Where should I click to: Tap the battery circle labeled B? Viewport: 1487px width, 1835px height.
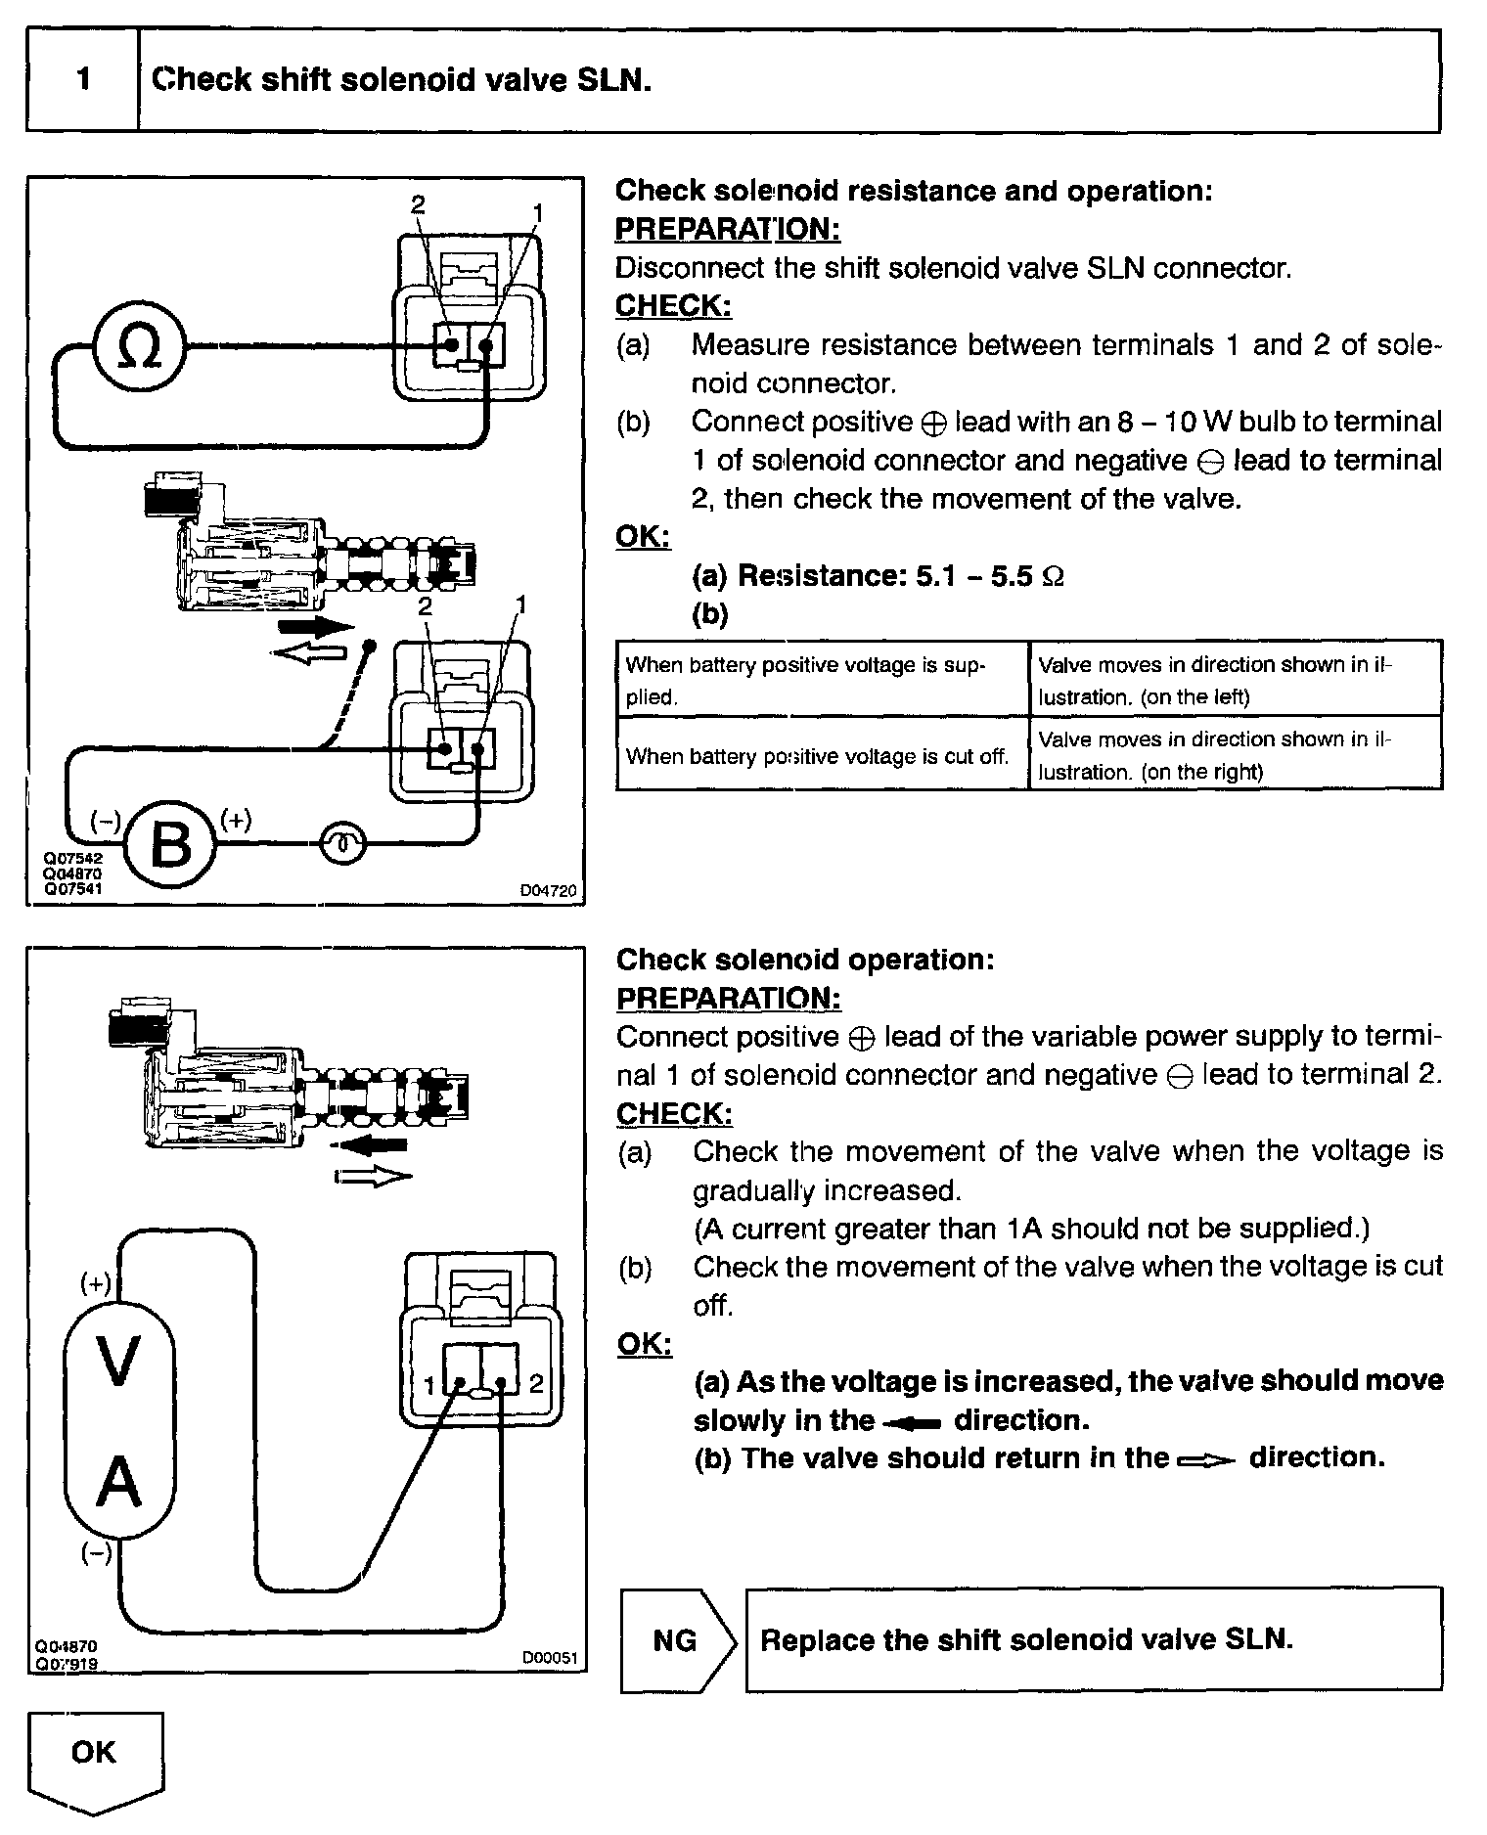(x=172, y=843)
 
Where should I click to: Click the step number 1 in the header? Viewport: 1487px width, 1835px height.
(x=83, y=79)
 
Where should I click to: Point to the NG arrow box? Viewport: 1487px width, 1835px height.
(x=676, y=1639)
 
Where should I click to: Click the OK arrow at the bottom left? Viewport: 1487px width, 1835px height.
(x=94, y=1755)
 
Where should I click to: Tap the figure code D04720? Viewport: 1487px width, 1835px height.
(x=548, y=891)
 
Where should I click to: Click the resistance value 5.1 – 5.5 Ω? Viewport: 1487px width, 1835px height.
(x=989, y=576)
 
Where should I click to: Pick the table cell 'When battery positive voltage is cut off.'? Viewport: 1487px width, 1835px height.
(x=817, y=756)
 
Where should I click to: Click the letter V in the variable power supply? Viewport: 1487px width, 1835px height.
(x=118, y=1363)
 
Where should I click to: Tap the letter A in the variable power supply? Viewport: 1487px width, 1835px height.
(x=119, y=1482)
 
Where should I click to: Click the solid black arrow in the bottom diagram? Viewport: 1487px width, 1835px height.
(x=368, y=1143)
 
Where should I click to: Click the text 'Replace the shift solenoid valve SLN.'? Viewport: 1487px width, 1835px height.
(x=1026, y=1639)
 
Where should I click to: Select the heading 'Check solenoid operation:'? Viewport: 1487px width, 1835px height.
(x=804, y=960)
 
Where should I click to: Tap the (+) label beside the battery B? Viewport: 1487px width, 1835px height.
(x=236, y=819)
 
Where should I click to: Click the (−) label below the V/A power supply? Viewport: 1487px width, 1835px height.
(x=95, y=1553)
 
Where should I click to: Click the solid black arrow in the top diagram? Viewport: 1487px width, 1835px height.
(x=315, y=626)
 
